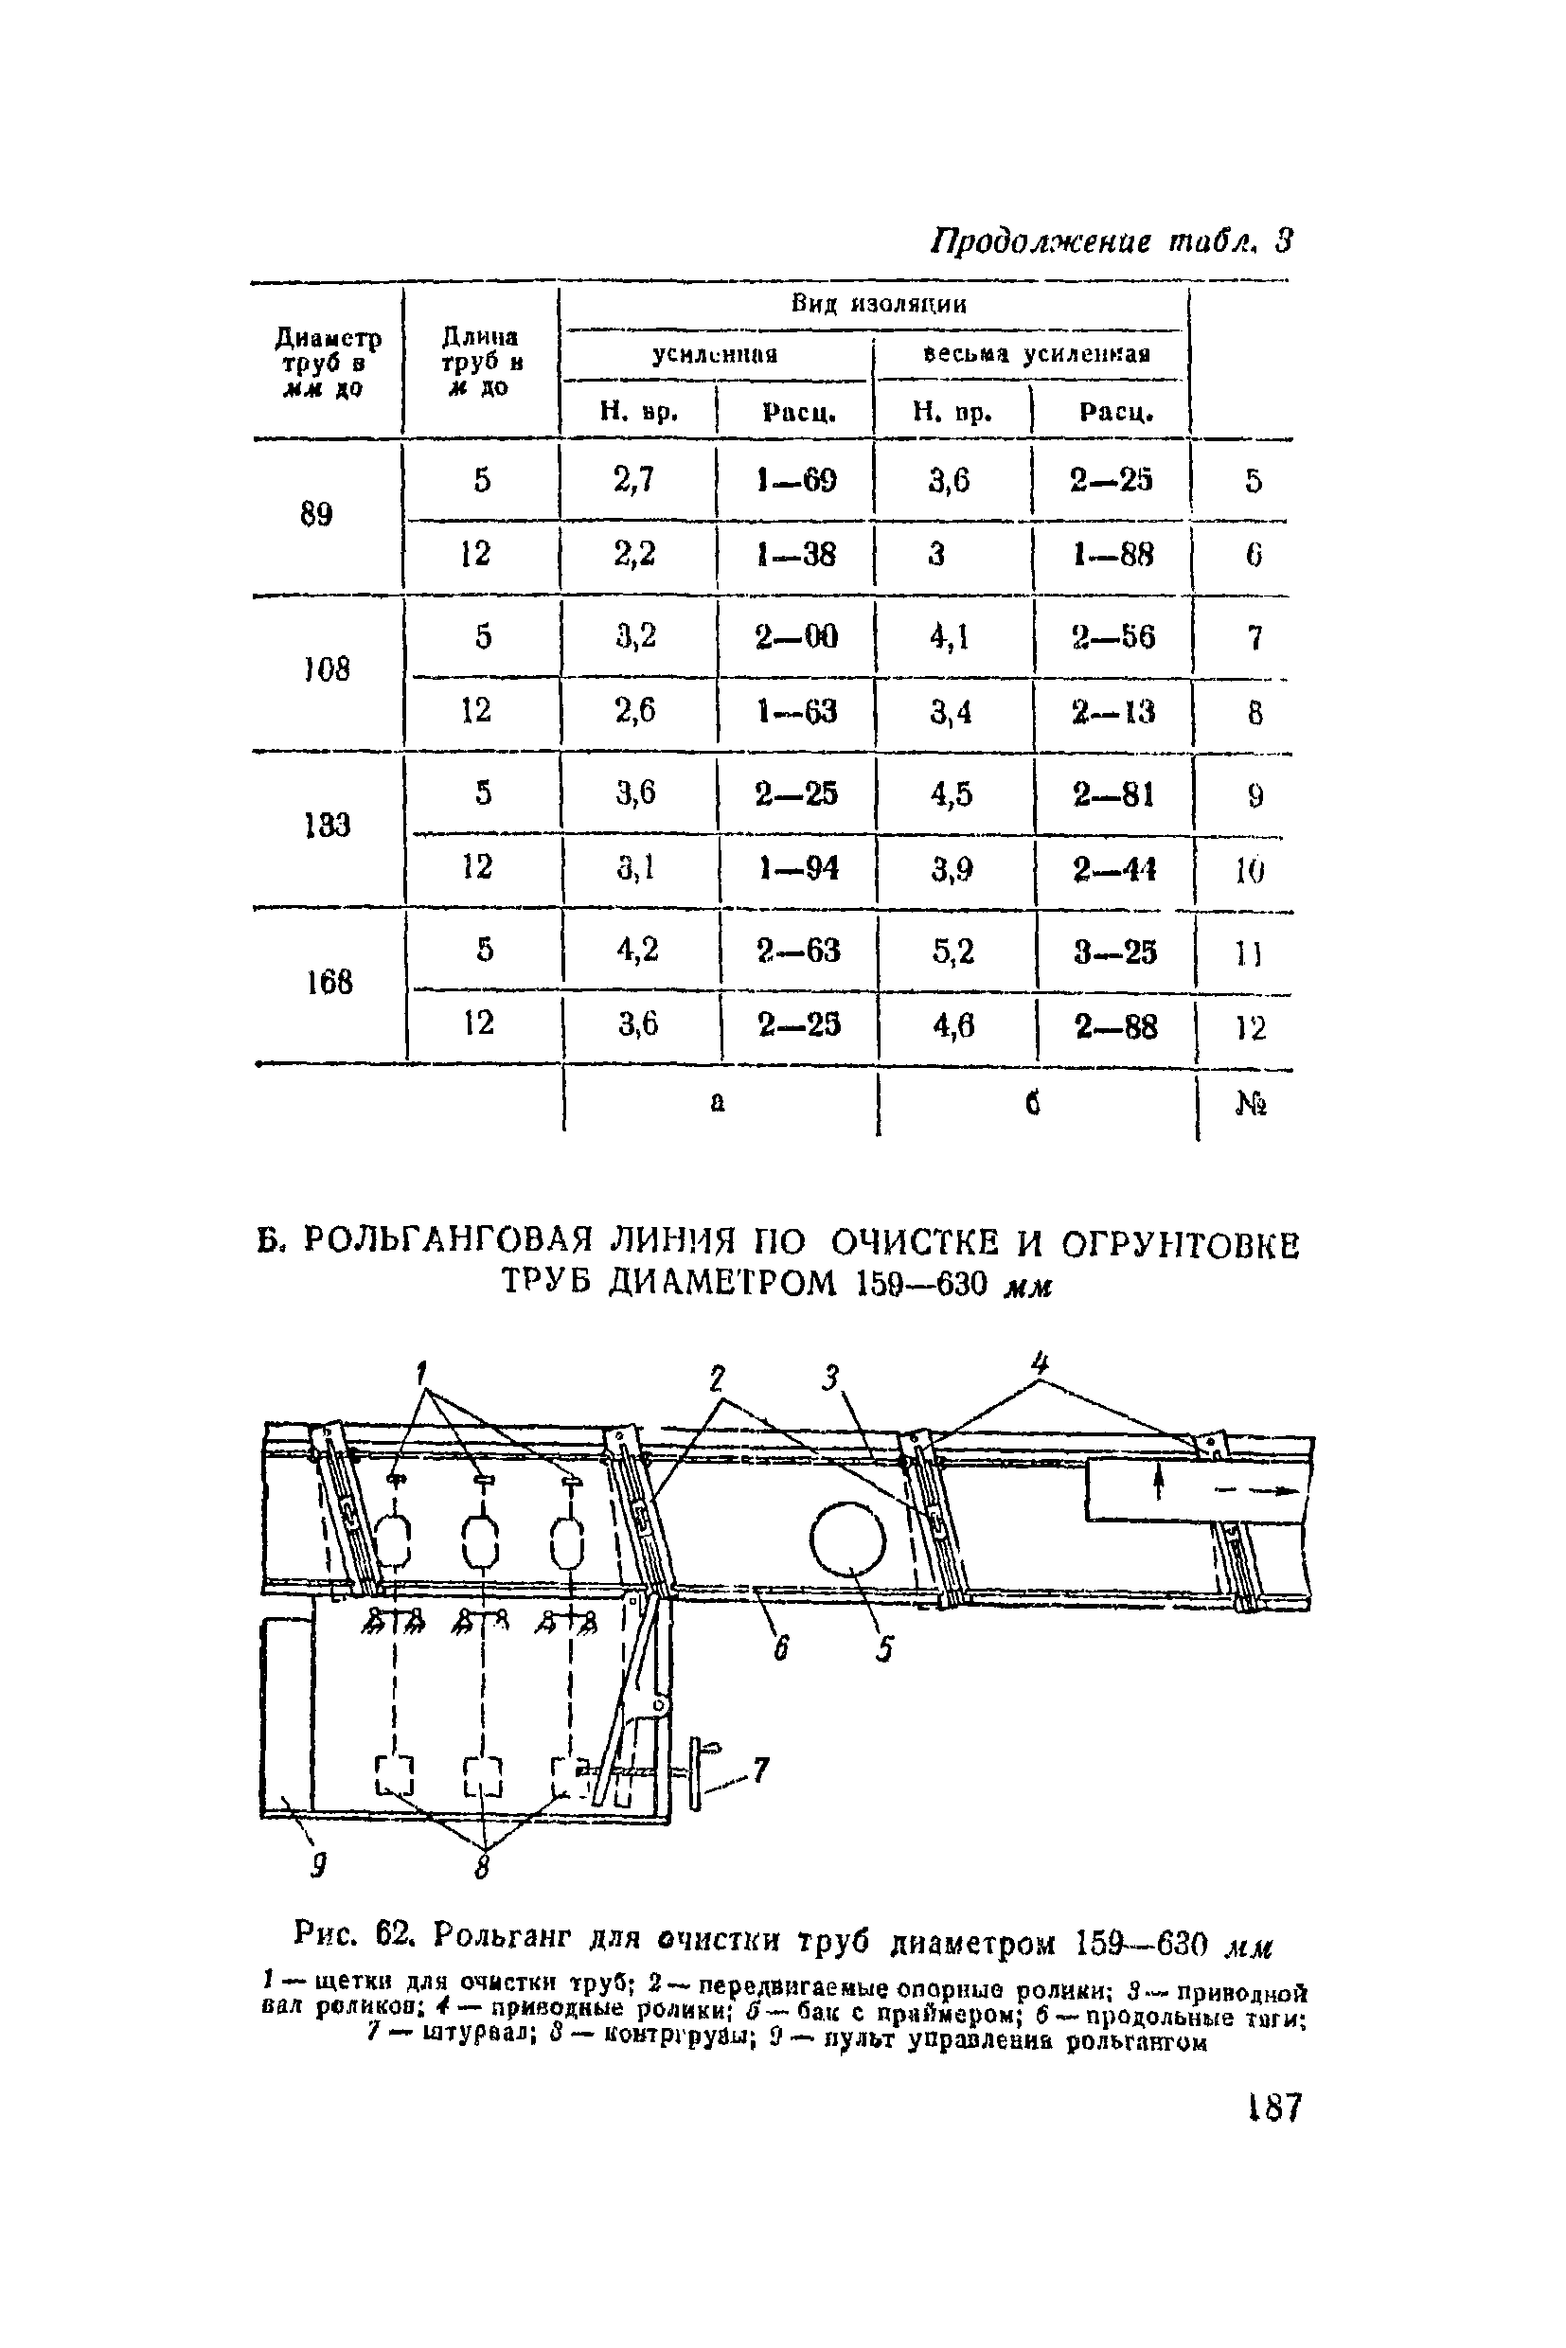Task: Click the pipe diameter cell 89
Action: click(315, 514)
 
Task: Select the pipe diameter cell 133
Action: click(327, 825)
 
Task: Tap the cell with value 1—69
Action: click(796, 480)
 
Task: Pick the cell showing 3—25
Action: click(1114, 951)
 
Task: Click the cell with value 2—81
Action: click(1113, 794)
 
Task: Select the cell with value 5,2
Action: click(952, 951)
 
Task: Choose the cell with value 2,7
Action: click(634, 480)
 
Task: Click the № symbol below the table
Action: click(1251, 1105)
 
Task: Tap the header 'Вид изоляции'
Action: click(879, 304)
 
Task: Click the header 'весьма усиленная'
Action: click(1037, 353)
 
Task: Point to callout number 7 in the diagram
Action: click(761, 1770)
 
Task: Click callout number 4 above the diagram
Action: click(1041, 1362)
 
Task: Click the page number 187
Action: click(1274, 2108)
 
